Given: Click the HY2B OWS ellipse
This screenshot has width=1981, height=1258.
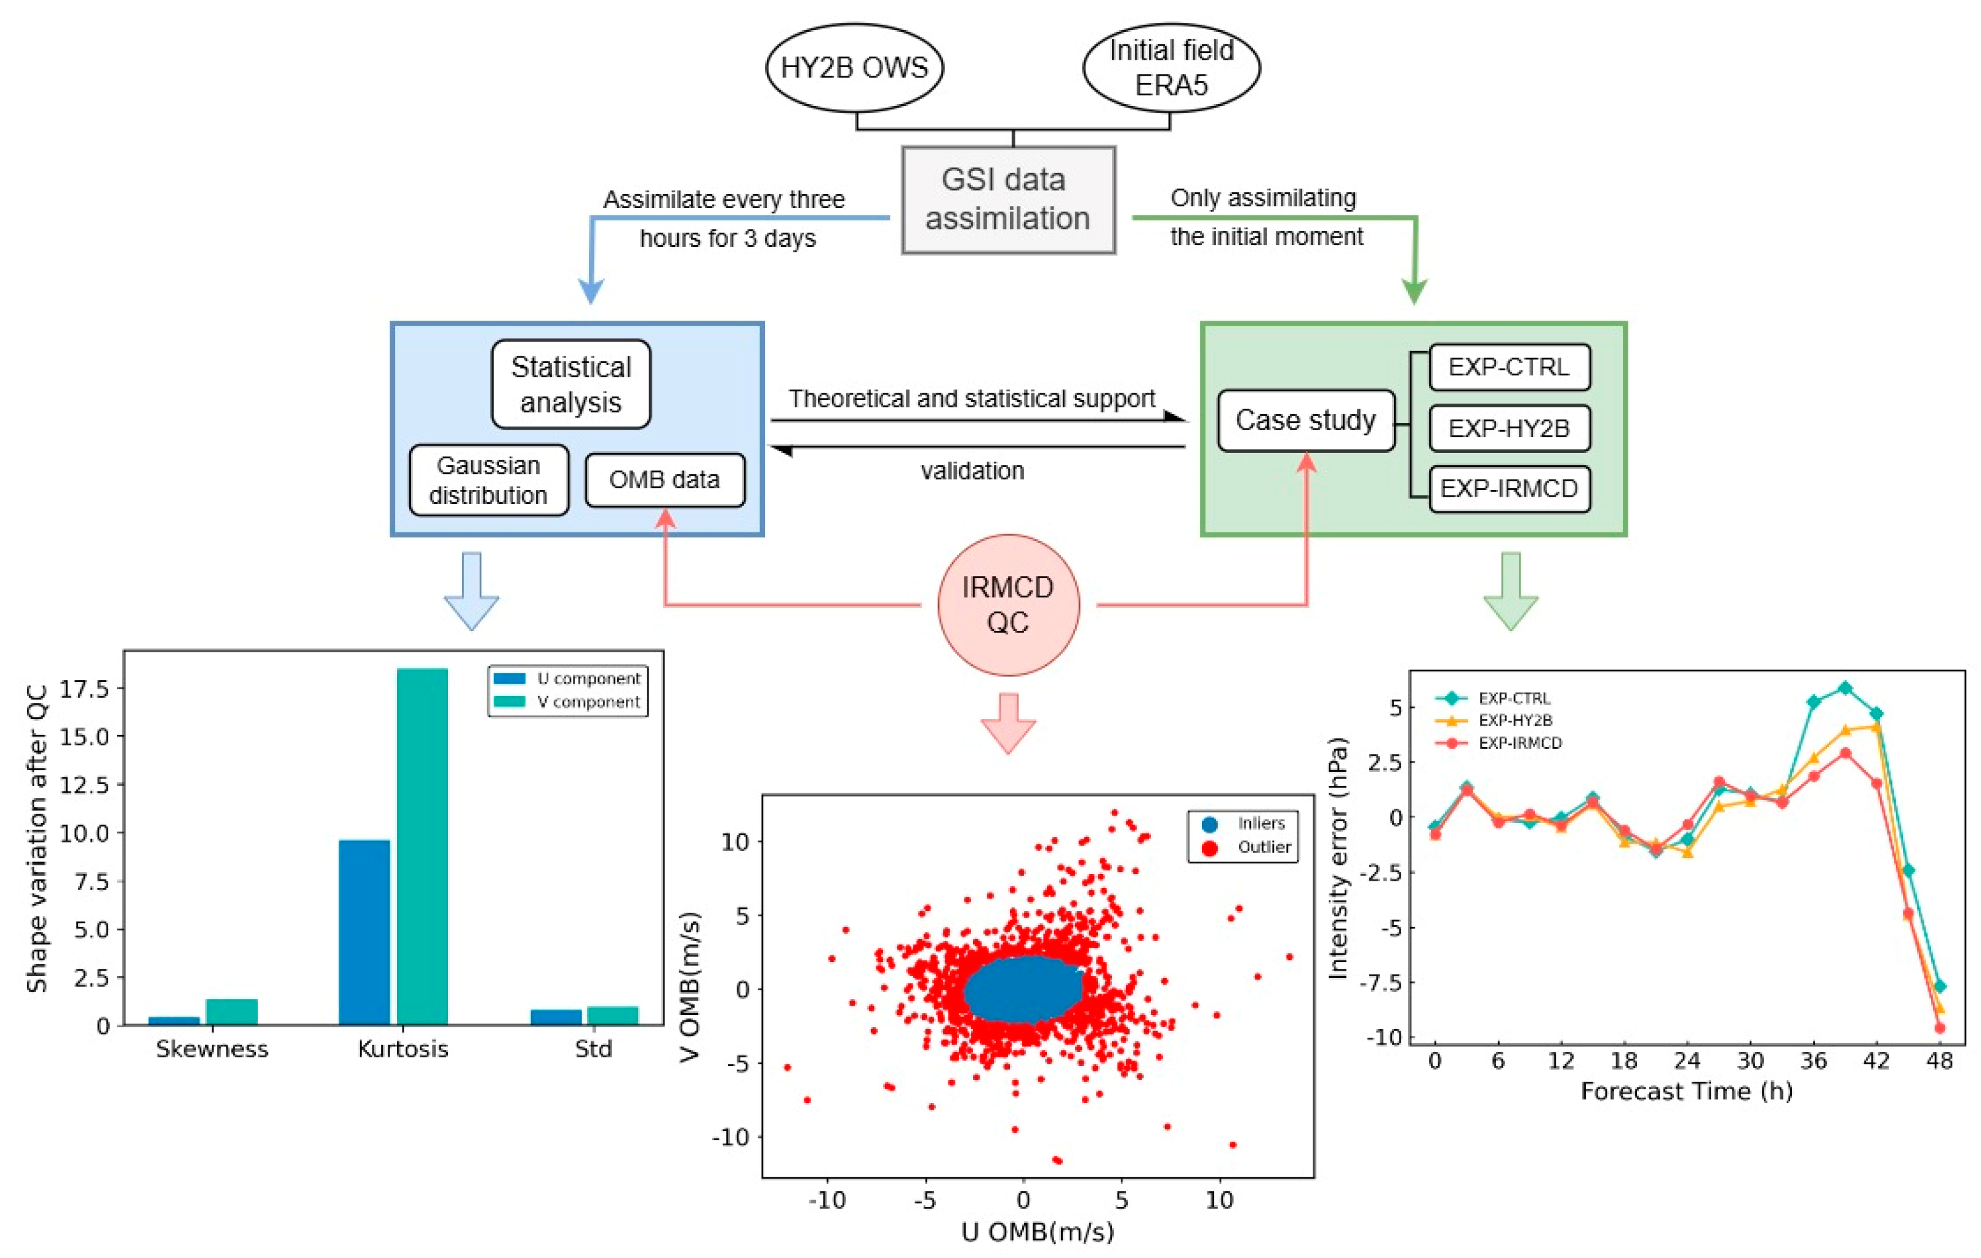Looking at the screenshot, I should click(854, 68).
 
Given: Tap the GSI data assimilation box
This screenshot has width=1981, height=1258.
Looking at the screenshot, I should click(1008, 199).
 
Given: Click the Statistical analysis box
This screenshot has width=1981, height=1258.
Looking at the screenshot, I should click(571, 384).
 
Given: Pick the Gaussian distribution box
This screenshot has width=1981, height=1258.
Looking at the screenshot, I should click(489, 481).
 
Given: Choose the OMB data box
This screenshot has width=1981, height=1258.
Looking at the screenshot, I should click(665, 479).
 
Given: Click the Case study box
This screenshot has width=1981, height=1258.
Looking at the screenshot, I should click(1305, 420).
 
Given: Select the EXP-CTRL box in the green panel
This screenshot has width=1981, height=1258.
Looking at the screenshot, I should click(1509, 367).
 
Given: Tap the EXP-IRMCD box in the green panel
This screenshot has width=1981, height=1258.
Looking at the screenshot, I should click(1509, 489).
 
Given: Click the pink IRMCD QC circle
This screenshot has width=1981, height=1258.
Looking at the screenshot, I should click(1008, 605).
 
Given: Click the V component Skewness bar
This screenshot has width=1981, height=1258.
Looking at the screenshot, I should click(231, 1011).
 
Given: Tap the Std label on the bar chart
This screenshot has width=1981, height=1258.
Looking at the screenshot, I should click(593, 1049).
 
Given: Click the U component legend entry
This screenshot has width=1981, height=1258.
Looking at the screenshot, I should click(567, 679).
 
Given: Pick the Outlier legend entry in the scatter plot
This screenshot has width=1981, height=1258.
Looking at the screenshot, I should click(1246, 847).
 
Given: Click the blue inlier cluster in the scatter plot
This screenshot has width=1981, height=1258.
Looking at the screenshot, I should click(1023, 990).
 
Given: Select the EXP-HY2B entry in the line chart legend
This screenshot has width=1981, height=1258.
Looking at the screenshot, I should click(1497, 721).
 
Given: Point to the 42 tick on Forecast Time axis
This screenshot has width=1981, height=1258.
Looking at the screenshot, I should click(1876, 1061).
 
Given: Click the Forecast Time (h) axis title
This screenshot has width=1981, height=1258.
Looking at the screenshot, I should click(1686, 1092).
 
